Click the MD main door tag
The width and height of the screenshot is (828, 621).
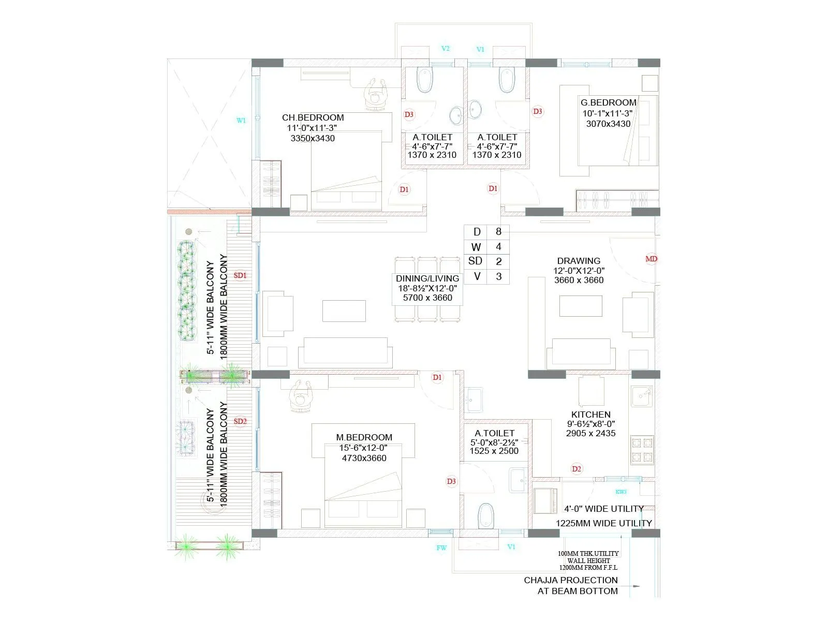pos(651,259)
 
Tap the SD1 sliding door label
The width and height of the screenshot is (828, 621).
pos(240,275)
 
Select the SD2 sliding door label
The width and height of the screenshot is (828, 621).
pos(240,421)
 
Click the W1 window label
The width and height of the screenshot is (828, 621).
pos(241,121)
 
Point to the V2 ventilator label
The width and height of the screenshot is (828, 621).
pos(446,49)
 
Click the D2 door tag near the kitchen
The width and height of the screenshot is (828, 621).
pos(576,469)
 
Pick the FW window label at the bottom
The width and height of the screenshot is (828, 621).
pos(441,548)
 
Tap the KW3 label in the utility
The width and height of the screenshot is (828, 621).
pos(621,492)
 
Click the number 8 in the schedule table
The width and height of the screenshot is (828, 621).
pos(498,232)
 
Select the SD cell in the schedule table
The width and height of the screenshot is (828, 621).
pos(475,261)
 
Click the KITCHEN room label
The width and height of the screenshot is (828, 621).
pos(590,415)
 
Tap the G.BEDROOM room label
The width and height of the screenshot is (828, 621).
pos(608,102)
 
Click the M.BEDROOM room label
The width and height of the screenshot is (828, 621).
pos(364,437)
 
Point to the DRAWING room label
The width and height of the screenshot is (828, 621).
pos(579,261)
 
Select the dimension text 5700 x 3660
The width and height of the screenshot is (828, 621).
pos(427,298)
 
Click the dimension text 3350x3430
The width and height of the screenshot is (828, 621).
pos(313,138)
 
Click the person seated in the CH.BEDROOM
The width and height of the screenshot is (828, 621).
pos(376,94)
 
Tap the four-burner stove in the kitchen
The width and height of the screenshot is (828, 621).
pos(642,450)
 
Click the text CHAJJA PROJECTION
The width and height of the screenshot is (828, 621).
pos(571,580)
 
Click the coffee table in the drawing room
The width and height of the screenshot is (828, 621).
pos(581,306)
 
